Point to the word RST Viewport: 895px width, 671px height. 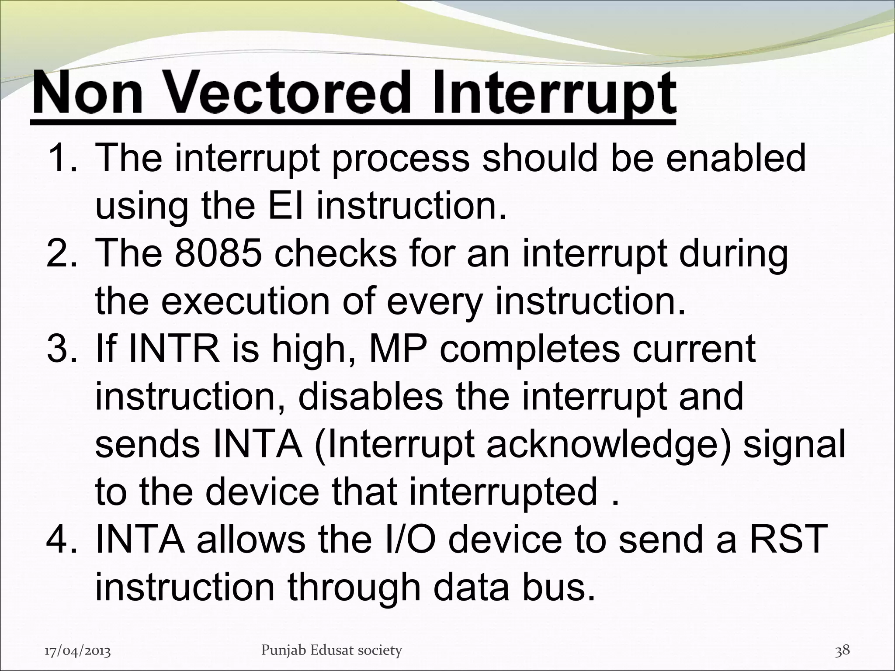click(788, 540)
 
